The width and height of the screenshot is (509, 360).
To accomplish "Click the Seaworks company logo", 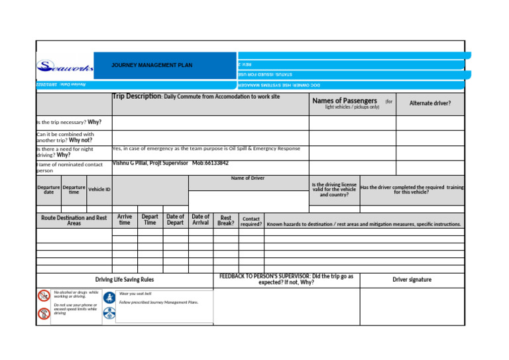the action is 65,66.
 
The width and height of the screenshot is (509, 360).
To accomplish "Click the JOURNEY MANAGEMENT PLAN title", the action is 152,66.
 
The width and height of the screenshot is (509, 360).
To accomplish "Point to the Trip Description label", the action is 137,97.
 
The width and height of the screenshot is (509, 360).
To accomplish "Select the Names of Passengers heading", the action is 345,101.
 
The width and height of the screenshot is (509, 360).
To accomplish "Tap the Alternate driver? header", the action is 429,103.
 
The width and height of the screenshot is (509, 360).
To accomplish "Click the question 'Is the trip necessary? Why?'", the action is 69,122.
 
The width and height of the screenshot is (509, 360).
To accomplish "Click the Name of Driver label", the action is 247,178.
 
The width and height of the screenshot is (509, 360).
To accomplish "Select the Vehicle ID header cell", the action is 99,190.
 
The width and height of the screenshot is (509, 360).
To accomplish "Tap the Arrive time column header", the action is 125,219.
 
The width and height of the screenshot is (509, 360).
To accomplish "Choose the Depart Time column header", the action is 150,219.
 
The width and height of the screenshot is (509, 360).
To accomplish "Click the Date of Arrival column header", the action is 200,219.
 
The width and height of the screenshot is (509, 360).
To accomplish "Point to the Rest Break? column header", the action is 226,220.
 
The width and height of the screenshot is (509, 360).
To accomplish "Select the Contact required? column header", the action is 251,221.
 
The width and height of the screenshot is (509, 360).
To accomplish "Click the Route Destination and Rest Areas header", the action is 74,220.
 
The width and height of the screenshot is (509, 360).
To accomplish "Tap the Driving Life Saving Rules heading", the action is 125,280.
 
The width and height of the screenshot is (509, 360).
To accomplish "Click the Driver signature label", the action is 412,280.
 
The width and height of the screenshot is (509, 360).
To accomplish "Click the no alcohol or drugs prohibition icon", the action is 44,296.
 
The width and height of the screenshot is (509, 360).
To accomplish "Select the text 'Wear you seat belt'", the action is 135,294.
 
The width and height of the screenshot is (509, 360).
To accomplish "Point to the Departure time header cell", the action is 74,190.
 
